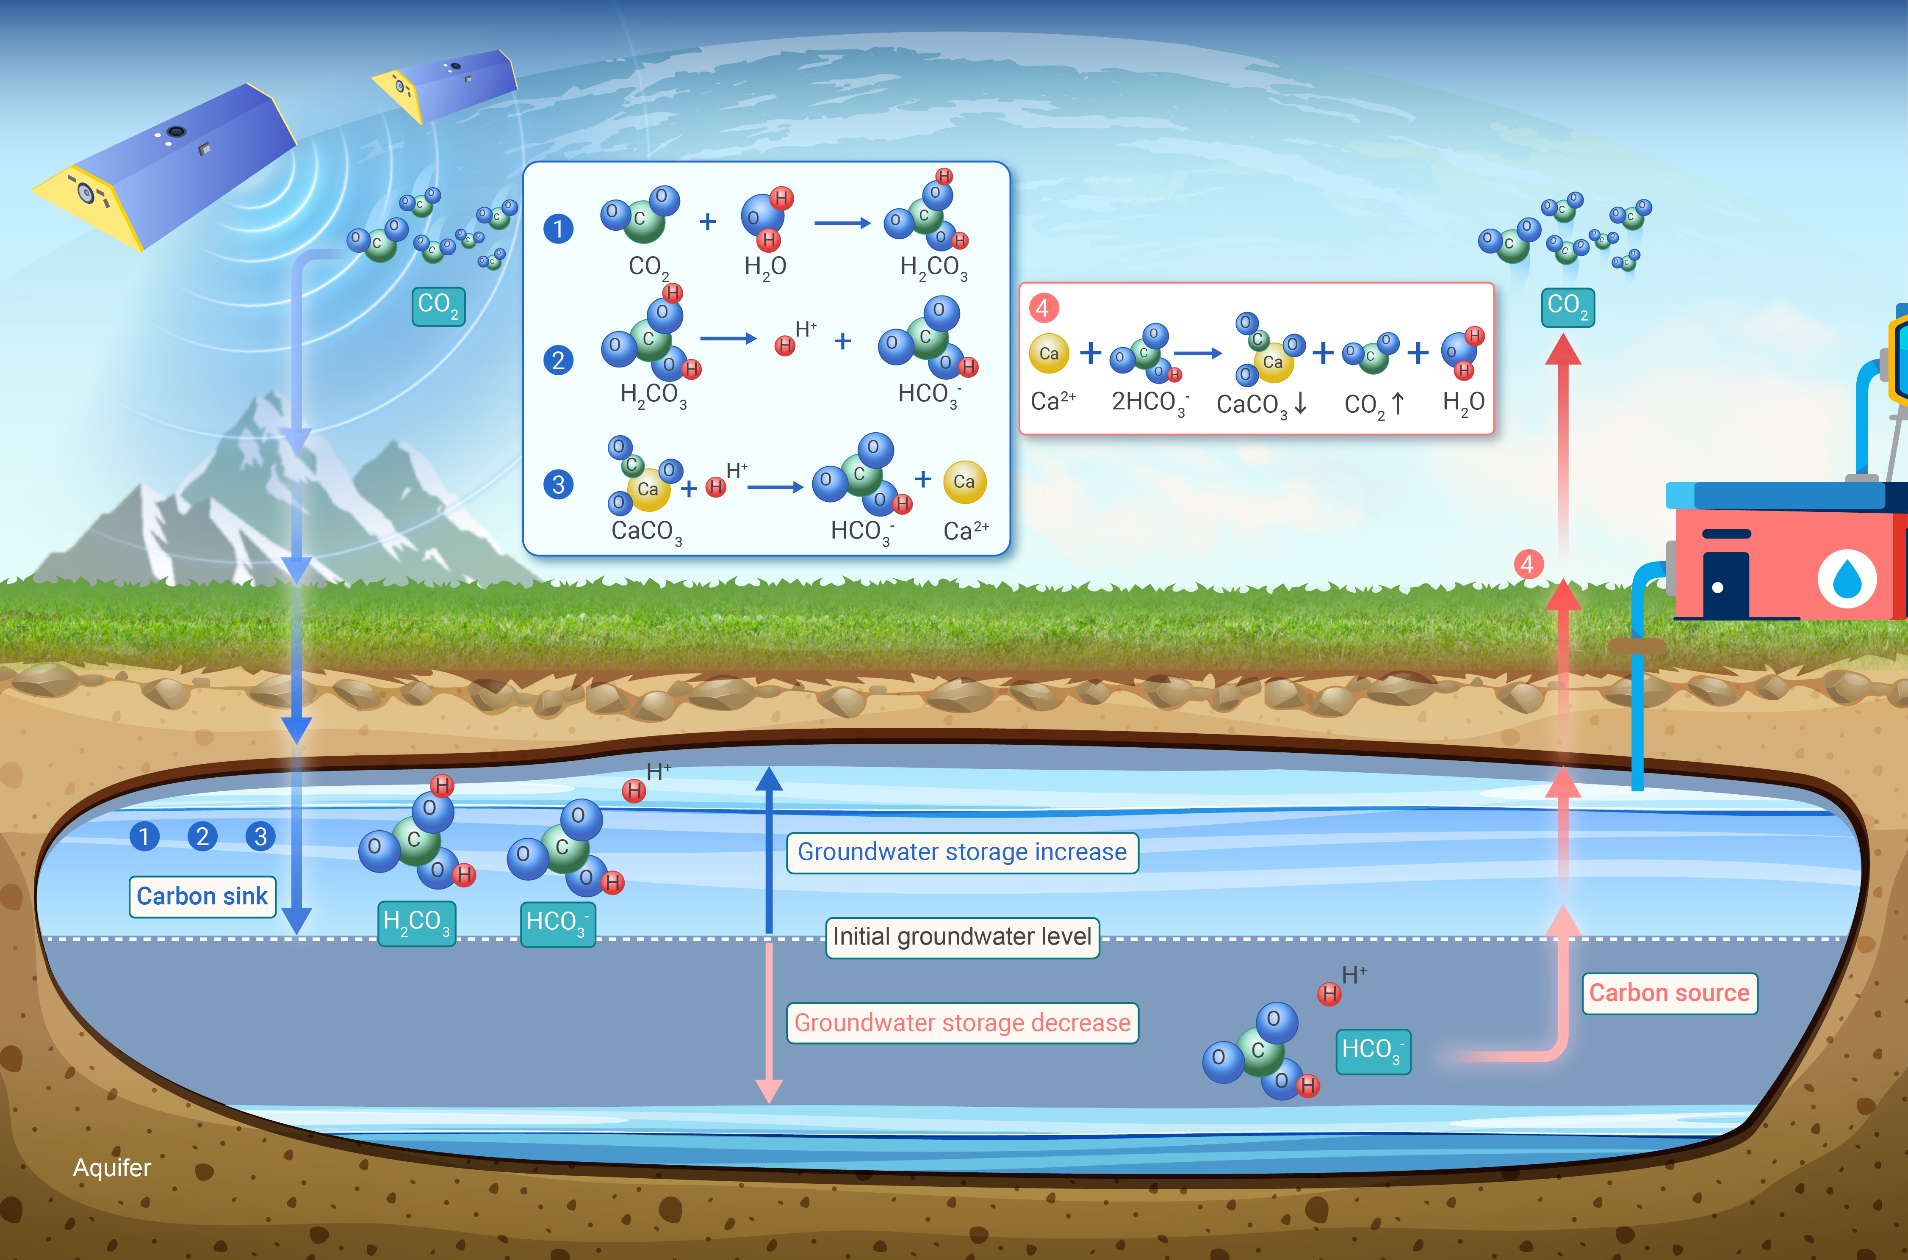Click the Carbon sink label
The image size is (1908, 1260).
click(202, 896)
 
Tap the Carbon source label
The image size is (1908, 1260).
click(1669, 993)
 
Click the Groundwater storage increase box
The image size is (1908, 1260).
click(962, 852)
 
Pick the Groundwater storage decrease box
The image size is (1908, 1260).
click(962, 1023)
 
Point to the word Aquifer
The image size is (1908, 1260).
click(112, 1168)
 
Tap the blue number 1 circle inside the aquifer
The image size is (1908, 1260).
click(145, 837)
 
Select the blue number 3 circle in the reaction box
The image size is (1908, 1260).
click(559, 484)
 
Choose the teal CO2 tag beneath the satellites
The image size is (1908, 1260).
click(438, 306)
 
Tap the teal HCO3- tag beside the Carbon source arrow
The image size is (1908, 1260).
click(1373, 1052)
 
